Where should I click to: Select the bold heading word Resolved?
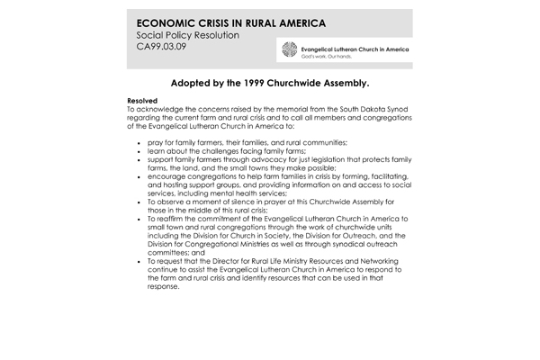tap(142, 101)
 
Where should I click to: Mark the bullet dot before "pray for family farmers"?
tap(138, 143)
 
